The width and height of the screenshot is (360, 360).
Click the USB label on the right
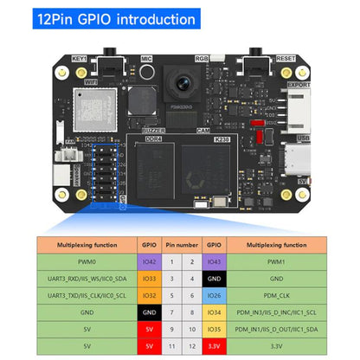(302, 137)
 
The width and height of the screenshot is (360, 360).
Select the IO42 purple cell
(149, 260)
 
